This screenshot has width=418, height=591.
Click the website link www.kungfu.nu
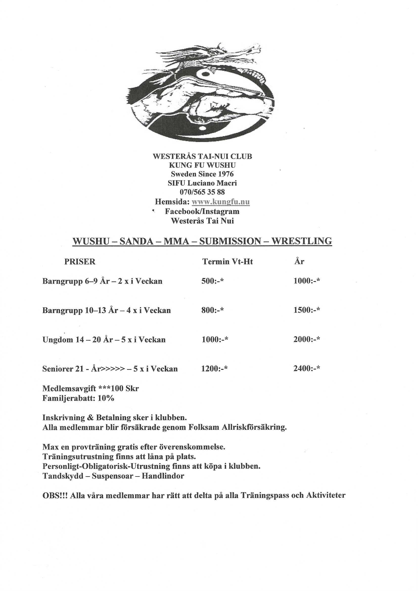[x=221, y=202]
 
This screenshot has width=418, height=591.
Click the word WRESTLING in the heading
[x=302, y=241]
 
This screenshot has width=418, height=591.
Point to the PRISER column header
[x=80, y=262]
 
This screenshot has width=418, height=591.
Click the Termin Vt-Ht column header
[x=227, y=262]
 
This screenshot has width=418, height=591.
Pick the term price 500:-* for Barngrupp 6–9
[x=212, y=281]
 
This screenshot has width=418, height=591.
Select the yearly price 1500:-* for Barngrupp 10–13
[x=307, y=310]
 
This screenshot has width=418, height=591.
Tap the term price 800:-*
[x=212, y=310]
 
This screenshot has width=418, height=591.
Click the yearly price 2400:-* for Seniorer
[x=307, y=369]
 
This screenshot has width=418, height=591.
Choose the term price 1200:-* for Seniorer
[x=214, y=369]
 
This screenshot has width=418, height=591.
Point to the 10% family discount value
[x=106, y=398]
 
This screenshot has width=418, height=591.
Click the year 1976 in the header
[x=226, y=174]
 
